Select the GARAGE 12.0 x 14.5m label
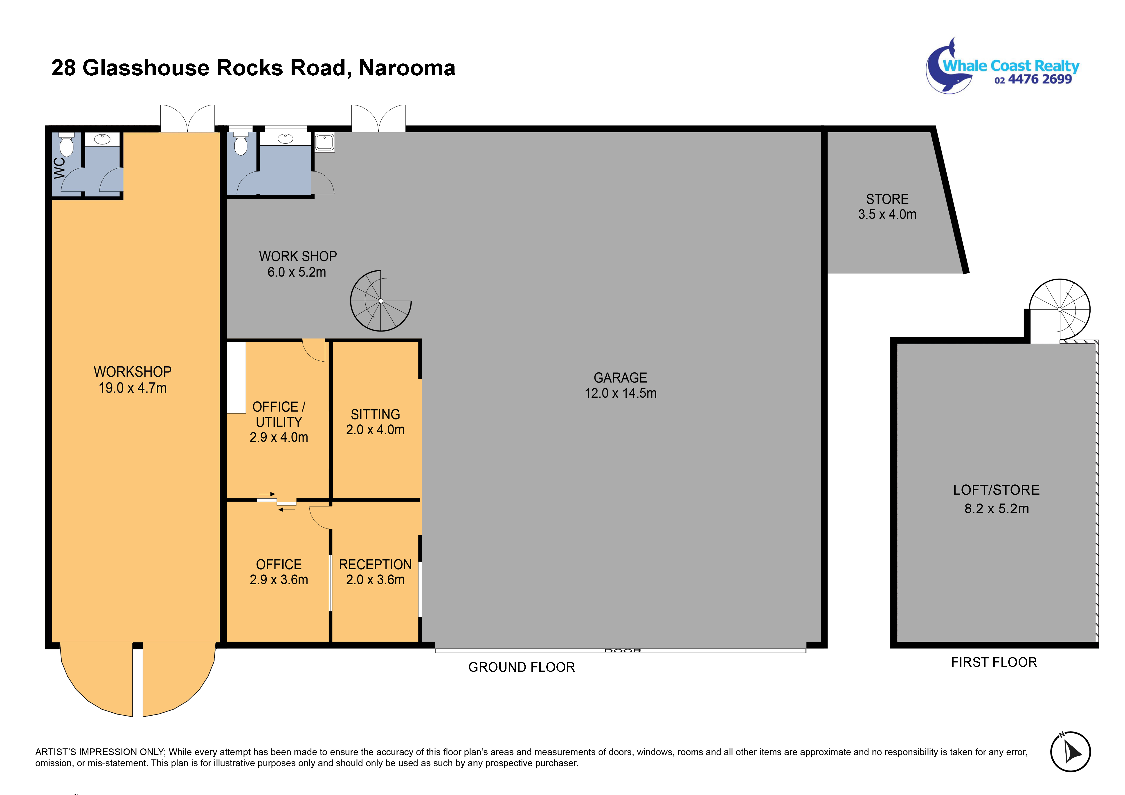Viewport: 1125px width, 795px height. click(x=620, y=385)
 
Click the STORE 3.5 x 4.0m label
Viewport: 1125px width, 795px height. click(x=887, y=206)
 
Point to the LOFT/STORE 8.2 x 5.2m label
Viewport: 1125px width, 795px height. click(x=996, y=499)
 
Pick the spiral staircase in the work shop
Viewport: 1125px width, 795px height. click(x=381, y=300)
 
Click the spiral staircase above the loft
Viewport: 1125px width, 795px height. click(x=1059, y=310)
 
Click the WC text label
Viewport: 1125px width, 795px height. click(x=59, y=168)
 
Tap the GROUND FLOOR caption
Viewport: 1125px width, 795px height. click(x=521, y=667)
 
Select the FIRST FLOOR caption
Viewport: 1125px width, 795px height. click(x=994, y=662)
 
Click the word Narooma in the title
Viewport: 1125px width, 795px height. click(x=407, y=68)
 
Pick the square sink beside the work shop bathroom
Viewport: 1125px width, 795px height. click(x=324, y=142)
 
